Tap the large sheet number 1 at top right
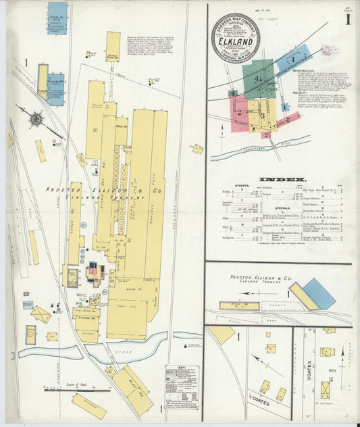click(347, 20)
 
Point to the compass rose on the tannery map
click(36, 120)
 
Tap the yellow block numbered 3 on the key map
click(262, 116)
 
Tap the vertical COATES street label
click(309, 370)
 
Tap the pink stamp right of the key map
click(330, 49)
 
